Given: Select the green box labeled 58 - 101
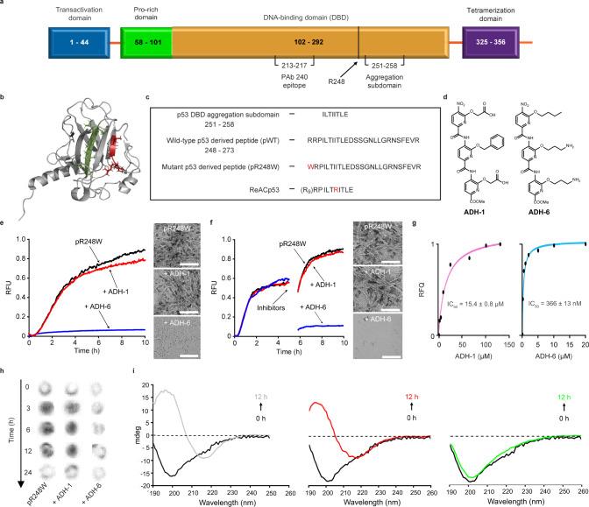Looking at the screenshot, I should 145,41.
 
